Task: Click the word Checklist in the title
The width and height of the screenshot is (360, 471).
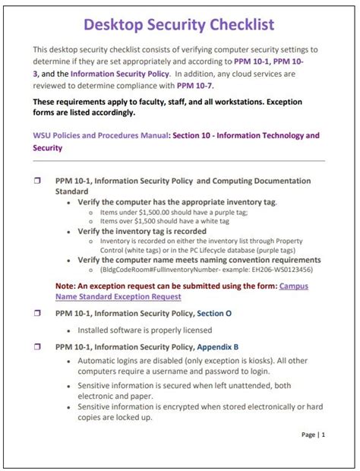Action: (231, 25)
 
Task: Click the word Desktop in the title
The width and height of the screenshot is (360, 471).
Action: (114, 25)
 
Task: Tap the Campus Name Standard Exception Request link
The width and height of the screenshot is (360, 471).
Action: (118, 296)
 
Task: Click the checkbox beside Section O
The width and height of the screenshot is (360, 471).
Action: (37, 312)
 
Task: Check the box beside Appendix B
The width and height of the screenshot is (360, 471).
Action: (37, 346)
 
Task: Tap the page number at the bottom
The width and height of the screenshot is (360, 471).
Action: (313, 435)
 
